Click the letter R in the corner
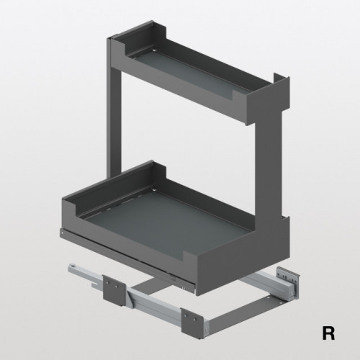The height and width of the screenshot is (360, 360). pos(328,333)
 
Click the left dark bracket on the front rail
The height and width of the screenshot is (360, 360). pos(114,290)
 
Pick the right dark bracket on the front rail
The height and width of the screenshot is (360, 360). pos(192,324)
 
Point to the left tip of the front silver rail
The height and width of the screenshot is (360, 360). pos(70,267)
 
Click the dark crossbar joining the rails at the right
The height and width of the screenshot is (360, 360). pos(243,310)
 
